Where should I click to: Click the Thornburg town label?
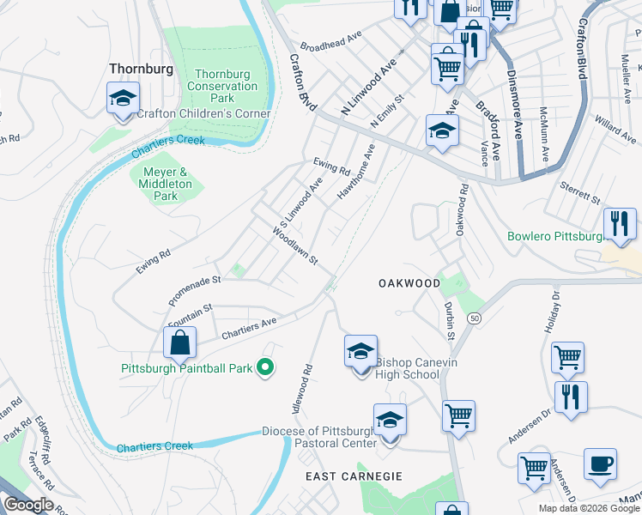141,69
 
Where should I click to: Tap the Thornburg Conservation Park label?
222,86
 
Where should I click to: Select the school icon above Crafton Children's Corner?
123,98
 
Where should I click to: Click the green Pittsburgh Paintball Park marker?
266,368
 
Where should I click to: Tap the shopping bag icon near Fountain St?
179,343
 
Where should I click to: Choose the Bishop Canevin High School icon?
360,352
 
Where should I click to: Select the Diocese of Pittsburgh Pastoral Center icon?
390,421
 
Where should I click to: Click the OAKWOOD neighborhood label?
409,283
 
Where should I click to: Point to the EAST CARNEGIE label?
343,476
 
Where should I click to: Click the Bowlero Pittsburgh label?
554,236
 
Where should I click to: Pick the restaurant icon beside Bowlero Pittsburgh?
620,224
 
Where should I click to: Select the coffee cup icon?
600,464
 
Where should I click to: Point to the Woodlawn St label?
296,245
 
